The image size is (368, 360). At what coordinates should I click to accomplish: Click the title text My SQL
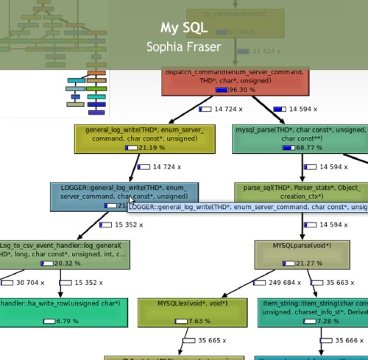tap(184, 28)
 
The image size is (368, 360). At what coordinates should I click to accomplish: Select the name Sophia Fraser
tap(184, 46)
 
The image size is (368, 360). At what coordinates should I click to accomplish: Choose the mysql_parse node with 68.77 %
tap(298, 139)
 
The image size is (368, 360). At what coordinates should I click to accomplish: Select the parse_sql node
tap(301, 192)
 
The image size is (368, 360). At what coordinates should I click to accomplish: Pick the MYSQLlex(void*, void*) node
tap(191, 312)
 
